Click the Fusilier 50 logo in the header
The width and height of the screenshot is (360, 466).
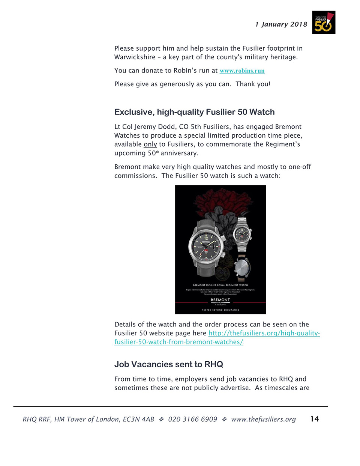pos(323,23)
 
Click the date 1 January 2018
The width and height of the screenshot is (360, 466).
pos(281,24)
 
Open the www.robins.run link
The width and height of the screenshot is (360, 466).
pos(242,71)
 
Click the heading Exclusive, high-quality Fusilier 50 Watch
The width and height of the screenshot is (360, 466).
pos(194,112)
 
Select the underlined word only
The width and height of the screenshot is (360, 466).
pos(150,144)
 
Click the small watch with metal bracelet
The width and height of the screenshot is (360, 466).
pos(241,235)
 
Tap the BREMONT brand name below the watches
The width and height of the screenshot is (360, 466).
pos(220,300)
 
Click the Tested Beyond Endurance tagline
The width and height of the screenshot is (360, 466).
pos(220,310)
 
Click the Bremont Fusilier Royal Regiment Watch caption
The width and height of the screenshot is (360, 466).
pos(220,285)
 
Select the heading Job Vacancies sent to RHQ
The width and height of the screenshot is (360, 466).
pos(168,364)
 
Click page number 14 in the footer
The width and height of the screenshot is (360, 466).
pos(315,419)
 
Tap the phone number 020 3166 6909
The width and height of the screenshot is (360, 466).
pos(192,419)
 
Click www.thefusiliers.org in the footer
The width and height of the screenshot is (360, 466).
pos(263,419)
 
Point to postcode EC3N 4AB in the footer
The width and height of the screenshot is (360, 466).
pos(138,419)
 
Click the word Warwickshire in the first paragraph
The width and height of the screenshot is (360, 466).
pos(135,57)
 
